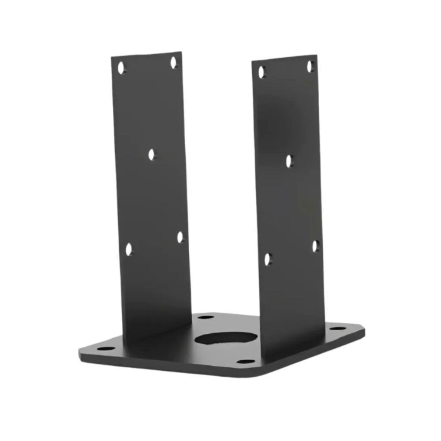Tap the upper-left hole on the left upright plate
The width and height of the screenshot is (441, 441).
[121, 67]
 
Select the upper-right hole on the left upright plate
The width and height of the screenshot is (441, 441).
[174, 62]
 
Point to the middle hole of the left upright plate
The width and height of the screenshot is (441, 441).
[152, 154]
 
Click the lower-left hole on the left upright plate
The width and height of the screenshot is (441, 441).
[129, 250]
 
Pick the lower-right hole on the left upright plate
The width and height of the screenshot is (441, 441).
[180, 237]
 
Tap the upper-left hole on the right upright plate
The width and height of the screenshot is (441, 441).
[262, 72]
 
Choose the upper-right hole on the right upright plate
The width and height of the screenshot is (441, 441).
[310, 66]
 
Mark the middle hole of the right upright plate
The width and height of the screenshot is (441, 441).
[289, 161]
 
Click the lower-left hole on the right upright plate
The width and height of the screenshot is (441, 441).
[268, 259]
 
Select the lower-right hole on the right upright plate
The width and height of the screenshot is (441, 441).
[316, 246]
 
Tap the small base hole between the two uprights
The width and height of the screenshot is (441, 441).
[206, 317]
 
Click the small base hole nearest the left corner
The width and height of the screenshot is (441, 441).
[105, 348]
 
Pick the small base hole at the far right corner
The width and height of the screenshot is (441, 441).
[337, 329]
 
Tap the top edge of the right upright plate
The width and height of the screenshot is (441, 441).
[285, 58]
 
